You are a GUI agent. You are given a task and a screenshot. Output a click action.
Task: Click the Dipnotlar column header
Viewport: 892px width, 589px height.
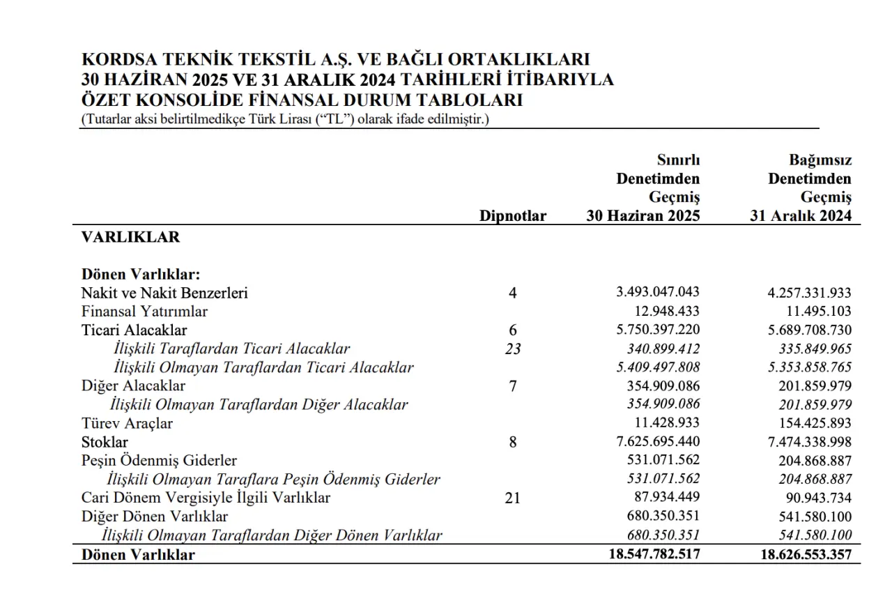512,216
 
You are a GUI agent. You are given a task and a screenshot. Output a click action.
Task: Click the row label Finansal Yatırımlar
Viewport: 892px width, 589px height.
144,312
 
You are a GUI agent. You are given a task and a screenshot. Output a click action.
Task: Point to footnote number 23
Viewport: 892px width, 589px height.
513,349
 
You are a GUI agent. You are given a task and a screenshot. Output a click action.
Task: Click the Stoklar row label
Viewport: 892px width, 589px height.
105,442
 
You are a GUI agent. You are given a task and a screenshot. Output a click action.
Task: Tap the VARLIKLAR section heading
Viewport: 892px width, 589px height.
130,237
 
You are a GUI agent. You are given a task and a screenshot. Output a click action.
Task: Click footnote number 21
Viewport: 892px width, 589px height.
513,498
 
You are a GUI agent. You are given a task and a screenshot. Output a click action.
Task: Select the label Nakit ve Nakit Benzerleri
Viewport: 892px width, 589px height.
164,293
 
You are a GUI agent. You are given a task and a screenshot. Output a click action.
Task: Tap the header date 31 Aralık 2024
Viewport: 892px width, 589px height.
800,216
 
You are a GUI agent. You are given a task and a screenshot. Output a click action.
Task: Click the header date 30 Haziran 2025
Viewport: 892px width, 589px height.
643,216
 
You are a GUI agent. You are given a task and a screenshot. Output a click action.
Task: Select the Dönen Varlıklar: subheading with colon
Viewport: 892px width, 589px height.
141,275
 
